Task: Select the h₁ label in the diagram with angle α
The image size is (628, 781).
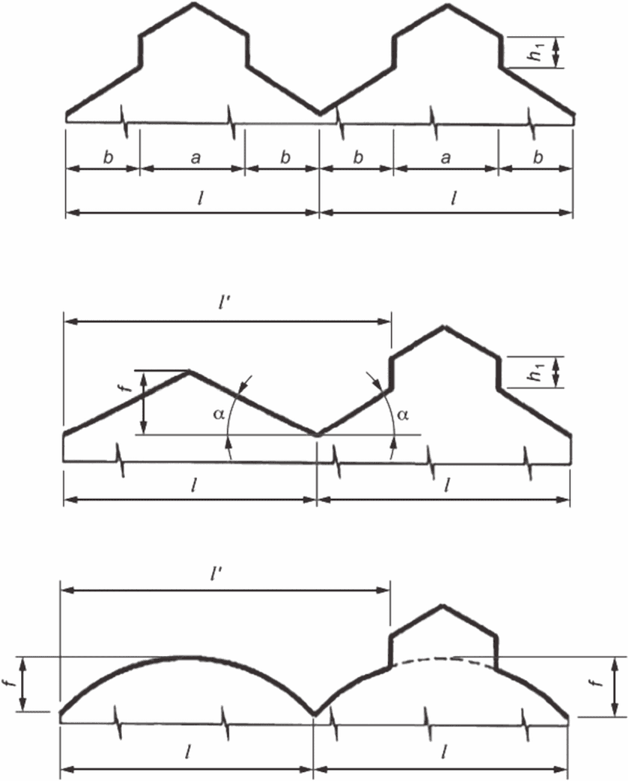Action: click(x=535, y=372)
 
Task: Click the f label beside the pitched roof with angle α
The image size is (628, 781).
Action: click(x=127, y=389)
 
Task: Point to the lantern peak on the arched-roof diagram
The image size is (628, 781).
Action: click(x=443, y=605)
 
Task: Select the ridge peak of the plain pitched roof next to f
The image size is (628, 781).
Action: click(x=190, y=371)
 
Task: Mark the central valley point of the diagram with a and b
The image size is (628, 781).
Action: click(x=320, y=114)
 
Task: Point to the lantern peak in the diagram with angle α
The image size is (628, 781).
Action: click(x=444, y=327)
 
